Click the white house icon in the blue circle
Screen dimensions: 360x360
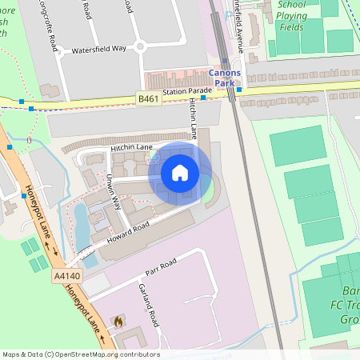click(180, 172)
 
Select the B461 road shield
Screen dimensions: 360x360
click(146, 98)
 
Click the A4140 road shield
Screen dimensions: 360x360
click(65, 275)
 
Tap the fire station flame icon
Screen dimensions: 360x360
click(119, 322)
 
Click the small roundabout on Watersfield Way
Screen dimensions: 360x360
click(140, 46)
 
